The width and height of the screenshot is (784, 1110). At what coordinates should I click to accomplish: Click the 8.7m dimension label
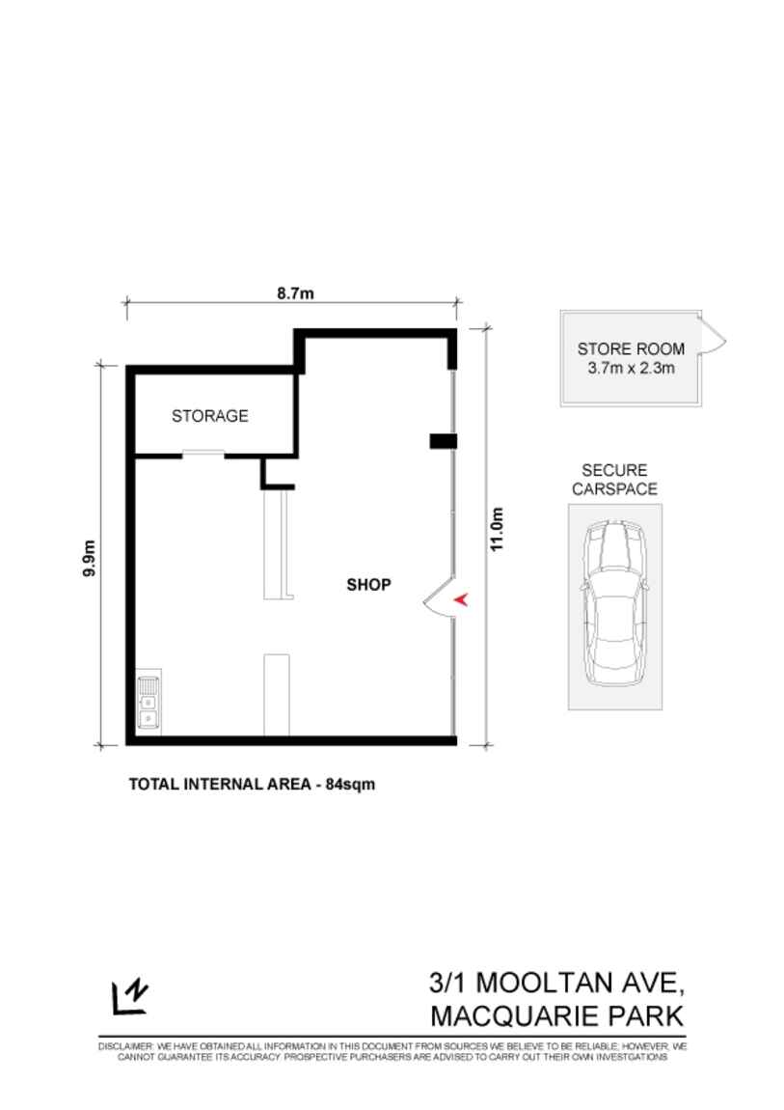coord(295,293)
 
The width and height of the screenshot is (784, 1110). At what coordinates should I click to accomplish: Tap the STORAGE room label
coord(209,416)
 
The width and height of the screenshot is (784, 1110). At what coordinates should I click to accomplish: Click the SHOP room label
coord(368,584)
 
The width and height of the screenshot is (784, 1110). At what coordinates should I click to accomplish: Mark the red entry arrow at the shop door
coord(461,599)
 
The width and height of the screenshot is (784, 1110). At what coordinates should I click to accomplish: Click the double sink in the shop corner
coord(149,702)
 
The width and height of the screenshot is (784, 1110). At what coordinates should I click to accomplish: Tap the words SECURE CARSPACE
coord(614,480)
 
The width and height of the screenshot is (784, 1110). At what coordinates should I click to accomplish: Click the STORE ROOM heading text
coord(631,349)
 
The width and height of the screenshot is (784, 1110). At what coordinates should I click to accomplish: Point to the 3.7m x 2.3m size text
coord(631,369)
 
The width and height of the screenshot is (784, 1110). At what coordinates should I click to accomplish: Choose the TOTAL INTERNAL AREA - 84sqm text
coord(252,784)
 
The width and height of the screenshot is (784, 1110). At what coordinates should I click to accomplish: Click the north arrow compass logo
coord(129,996)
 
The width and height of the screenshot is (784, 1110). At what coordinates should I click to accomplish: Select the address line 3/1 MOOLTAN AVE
coord(556,984)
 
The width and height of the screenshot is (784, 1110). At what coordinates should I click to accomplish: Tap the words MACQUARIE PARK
coord(556,1016)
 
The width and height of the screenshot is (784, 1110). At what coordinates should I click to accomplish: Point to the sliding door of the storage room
coord(203,453)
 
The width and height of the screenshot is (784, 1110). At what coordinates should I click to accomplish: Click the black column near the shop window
coord(442,441)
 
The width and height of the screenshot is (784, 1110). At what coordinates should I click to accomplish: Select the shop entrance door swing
coord(438,598)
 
